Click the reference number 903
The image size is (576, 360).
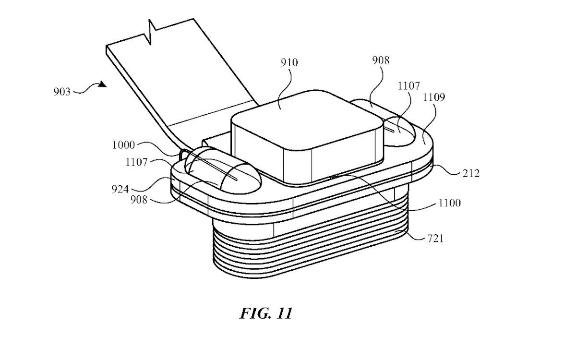coord(63,91)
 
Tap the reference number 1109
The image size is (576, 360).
coord(433,98)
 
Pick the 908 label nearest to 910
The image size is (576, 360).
coord(380,60)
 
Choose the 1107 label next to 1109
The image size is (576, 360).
coord(409,86)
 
